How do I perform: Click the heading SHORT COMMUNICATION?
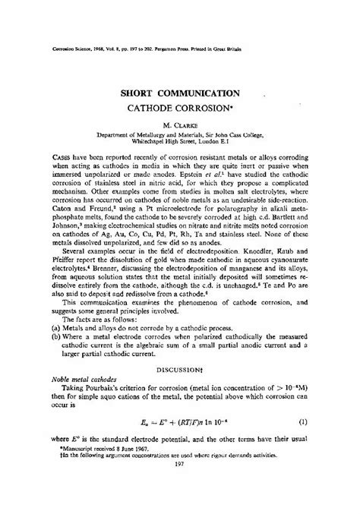pyautogui.click(x=180, y=71)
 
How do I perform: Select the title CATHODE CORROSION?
pyautogui.click(x=180, y=87)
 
